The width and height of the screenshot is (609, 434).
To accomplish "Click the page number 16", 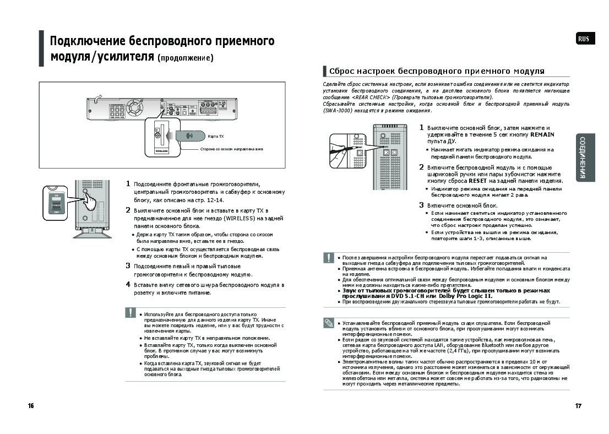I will click(31, 406).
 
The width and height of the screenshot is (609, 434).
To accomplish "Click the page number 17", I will click(578, 406).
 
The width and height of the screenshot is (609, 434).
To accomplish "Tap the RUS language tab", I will click(584, 39).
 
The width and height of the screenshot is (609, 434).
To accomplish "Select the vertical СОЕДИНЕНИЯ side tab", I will click(585, 158).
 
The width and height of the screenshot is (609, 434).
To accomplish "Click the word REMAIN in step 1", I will click(542, 134).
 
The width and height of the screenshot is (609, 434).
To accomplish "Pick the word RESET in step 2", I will click(477, 181).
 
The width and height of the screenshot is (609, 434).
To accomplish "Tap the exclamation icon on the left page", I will click(130, 312).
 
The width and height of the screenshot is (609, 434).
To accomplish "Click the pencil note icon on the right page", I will click(329, 323).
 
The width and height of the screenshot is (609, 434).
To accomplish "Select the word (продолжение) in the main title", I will click(186, 58).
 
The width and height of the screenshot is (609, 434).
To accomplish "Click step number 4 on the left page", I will click(128, 285).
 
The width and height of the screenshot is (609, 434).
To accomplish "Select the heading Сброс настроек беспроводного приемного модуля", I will click(437, 71).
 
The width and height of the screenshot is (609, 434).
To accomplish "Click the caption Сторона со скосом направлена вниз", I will click(232, 149).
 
